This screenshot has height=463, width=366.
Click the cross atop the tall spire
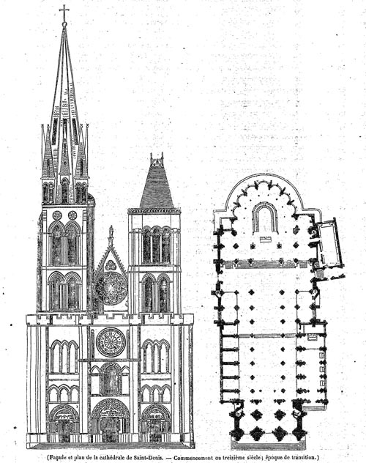pos(64,12)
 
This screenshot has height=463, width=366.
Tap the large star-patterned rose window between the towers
pos(111,289)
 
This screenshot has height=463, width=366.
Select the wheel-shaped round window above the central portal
pos(111,341)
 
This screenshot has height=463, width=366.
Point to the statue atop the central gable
pos(111,234)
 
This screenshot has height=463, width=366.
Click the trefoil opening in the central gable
pos(111,264)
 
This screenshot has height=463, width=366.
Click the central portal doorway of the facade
pos(110,429)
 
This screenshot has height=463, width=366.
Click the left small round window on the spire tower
pos(57,215)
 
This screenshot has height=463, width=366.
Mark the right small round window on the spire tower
pos(72,215)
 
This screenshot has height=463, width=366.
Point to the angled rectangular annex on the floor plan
pos(330,243)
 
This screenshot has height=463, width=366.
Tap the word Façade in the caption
pos(56,457)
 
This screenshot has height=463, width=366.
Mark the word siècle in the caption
pos(257,457)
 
